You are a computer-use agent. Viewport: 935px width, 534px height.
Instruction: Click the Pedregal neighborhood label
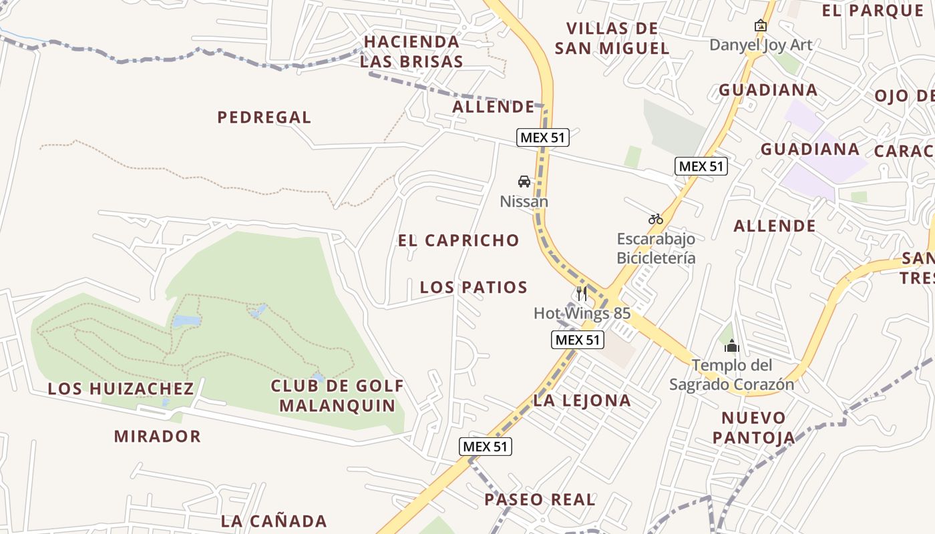(x=264, y=117)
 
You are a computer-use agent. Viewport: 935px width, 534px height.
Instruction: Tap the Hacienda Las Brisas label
(x=411, y=51)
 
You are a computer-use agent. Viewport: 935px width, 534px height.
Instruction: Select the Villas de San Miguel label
(x=612, y=38)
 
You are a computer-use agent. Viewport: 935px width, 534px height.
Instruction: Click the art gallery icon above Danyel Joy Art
(x=760, y=26)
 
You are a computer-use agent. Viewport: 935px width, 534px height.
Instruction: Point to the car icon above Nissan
(x=524, y=181)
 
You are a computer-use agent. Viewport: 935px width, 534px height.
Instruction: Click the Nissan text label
(x=524, y=201)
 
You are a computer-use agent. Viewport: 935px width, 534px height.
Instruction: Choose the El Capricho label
(x=458, y=240)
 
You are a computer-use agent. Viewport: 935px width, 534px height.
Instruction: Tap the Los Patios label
(x=474, y=288)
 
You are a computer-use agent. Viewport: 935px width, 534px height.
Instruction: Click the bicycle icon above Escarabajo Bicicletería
(x=655, y=219)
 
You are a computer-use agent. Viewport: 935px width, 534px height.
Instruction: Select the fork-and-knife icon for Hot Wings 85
(x=582, y=294)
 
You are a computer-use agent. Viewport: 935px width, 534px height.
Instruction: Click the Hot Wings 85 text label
(x=582, y=313)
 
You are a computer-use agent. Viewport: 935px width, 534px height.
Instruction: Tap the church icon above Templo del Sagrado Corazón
(x=732, y=346)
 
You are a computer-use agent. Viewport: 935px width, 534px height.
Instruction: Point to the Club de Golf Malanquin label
(x=337, y=395)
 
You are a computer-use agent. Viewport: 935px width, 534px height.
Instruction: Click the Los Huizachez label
(x=121, y=388)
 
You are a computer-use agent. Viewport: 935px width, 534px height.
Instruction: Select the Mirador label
(x=157, y=437)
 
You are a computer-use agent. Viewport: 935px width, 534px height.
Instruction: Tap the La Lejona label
(x=582, y=400)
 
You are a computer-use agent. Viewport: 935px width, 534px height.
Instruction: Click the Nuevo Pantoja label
(x=753, y=428)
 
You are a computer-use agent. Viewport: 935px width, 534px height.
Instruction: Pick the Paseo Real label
(x=540, y=499)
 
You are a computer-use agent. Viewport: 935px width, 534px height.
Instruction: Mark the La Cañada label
(x=274, y=521)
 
